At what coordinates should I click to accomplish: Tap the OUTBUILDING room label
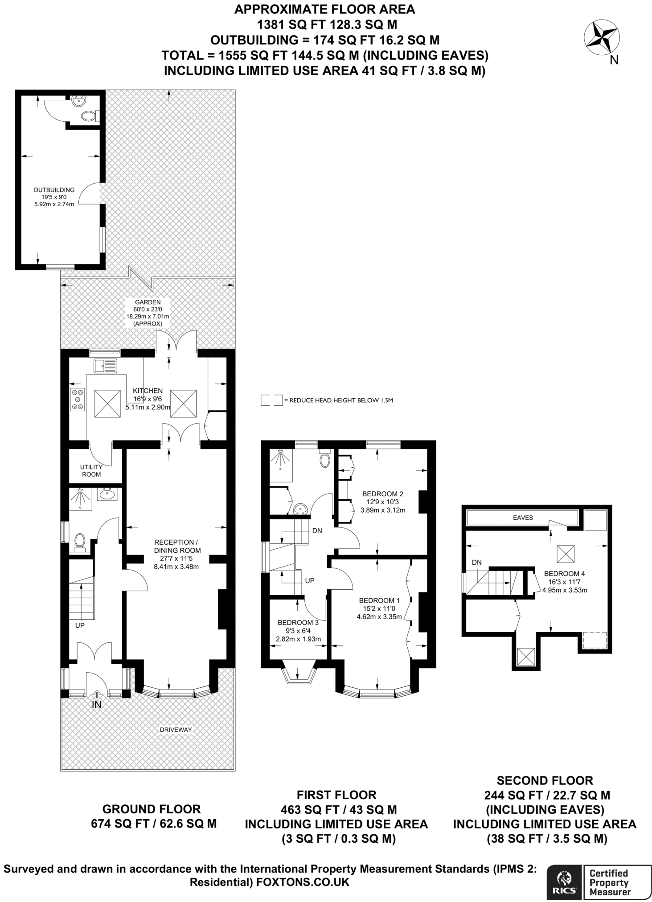[x=54, y=190]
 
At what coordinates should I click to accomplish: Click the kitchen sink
[x=106, y=366]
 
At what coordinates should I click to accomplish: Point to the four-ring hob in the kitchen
[x=78, y=399]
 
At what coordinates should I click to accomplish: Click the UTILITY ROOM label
[x=91, y=470]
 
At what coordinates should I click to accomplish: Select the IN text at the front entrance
[x=97, y=705]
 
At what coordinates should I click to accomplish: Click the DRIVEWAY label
[x=176, y=730]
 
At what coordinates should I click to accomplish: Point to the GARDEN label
[x=148, y=302]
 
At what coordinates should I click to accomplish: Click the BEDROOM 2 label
[x=382, y=494]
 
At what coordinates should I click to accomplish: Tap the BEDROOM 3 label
[x=298, y=622]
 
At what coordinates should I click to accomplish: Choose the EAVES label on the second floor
[x=523, y=518]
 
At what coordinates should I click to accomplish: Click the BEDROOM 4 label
[x=564, y=574]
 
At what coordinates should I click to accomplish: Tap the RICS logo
[x=564, y=882]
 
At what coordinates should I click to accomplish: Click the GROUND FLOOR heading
[x=152, y=809]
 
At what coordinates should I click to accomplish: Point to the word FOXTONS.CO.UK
[x=303, y=882]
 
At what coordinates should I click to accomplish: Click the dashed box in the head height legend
[x=272, y=400]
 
